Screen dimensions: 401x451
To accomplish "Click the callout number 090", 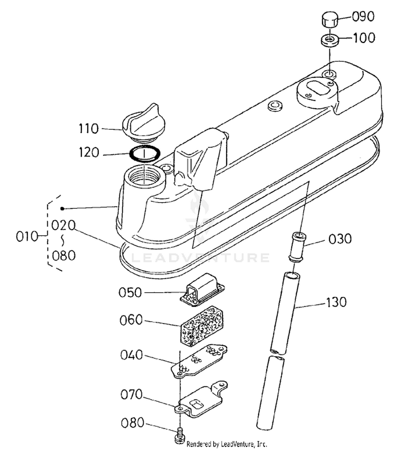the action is click(363, 17).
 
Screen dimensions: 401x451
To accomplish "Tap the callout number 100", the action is click(364, 38).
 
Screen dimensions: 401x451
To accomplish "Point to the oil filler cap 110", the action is click(144, 123).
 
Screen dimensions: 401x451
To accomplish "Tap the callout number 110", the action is click(89, 129).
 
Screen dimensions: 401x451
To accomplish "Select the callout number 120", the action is click(89, 152).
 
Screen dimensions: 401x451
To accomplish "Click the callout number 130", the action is click(336, 302).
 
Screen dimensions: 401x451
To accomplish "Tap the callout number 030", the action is click(340, 239).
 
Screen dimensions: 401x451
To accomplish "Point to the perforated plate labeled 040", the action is click(199, 361).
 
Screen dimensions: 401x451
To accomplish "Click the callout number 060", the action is click(131, 320).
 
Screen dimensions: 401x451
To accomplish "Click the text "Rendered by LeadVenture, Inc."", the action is click(227, 444).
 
